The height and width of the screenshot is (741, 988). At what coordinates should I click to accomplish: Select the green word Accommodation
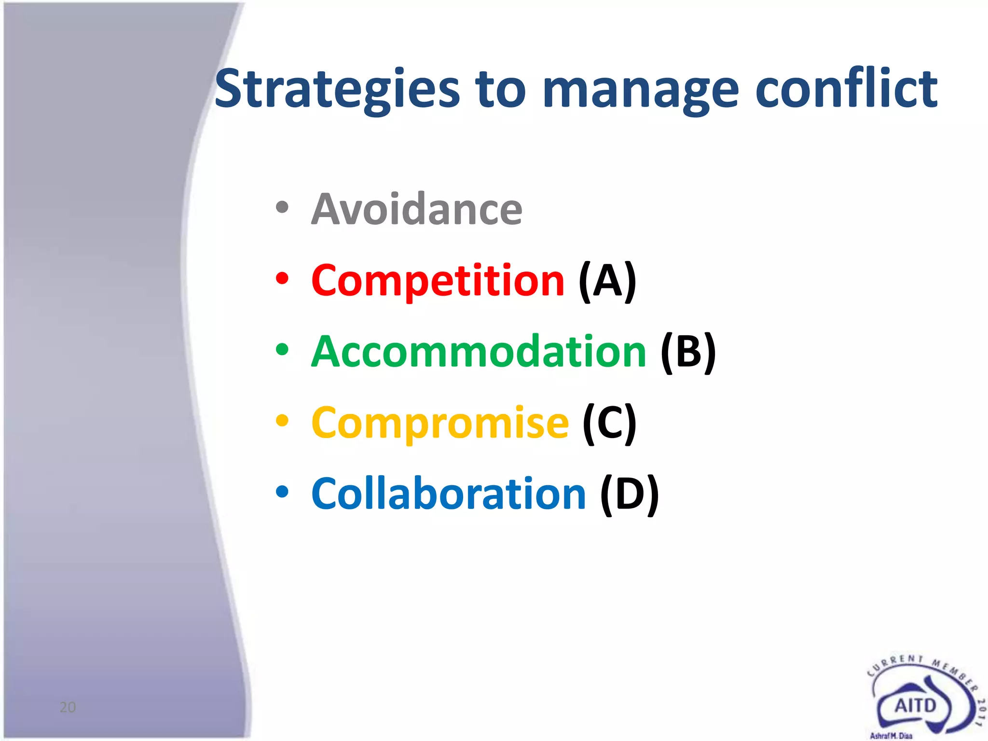(479, 352)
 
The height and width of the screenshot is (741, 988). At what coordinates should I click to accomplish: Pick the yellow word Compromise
(440, 423)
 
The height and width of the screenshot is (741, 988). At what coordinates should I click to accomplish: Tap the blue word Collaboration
(449, 494)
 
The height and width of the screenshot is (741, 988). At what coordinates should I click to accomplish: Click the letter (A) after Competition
(607, 281)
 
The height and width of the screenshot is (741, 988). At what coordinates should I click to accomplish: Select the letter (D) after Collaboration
(629, 494)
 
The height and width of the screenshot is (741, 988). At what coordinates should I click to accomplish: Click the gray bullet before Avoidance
(282, 208)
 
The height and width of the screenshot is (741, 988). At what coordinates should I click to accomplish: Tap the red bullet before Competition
(282, 279)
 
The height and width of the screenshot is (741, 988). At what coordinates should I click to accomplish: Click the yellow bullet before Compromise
(282, 421)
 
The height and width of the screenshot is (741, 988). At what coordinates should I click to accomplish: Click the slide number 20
(68, 707)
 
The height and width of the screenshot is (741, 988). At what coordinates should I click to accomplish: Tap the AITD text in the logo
(915, 706)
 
